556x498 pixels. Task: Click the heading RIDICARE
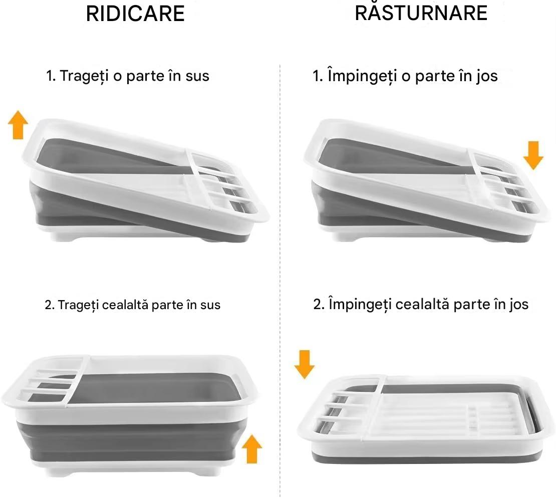(x=135, y=14)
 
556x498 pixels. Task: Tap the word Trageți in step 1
(x=84, y=77)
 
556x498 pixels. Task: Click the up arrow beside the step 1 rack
(x=18, y=124)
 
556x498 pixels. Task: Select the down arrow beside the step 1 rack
(x=533, y=155)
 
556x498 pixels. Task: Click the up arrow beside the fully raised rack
(x=252, y=449)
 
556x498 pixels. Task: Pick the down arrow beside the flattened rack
(x=305, y=365)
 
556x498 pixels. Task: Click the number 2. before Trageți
(x=49, y=305)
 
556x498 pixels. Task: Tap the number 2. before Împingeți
(x=319, y=304)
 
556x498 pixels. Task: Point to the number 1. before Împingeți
(x=318, y=76)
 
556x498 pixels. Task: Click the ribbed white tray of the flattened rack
(x=425, y=413)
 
